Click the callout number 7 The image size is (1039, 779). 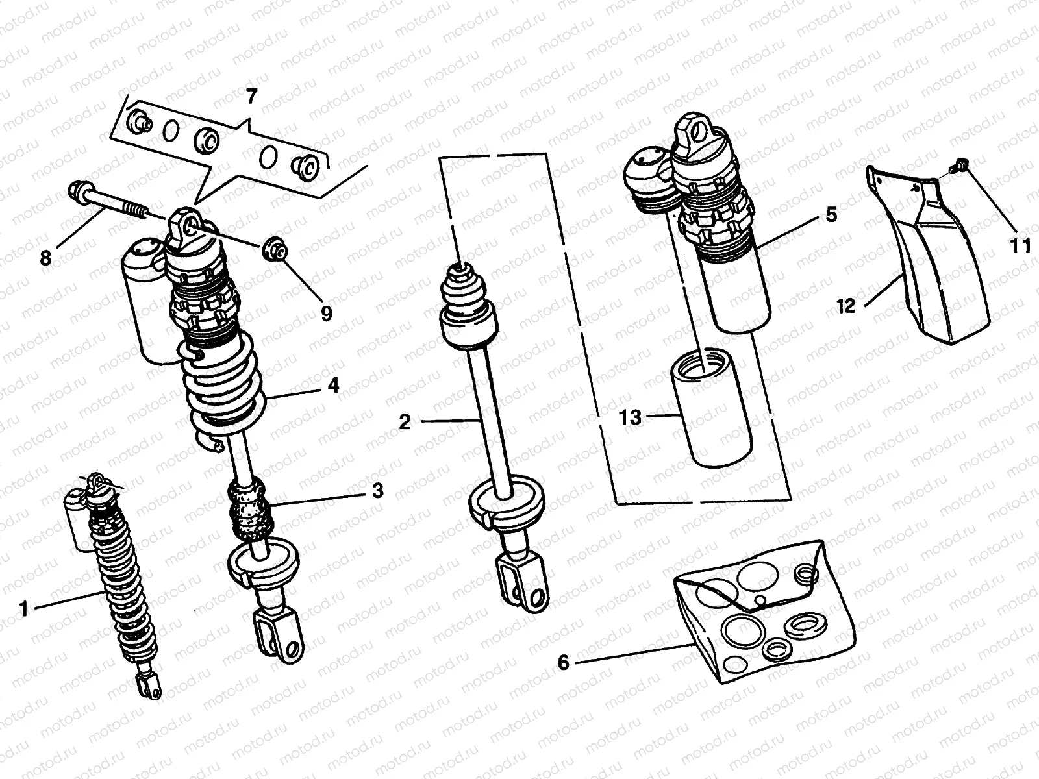[251, 97]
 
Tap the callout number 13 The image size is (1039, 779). [630, 417]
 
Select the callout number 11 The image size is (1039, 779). [1020, 246]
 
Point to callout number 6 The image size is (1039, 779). [564, 662]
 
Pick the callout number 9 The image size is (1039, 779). [326, 314]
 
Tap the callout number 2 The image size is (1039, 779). [405, 422]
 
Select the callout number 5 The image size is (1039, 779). [831, 214]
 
